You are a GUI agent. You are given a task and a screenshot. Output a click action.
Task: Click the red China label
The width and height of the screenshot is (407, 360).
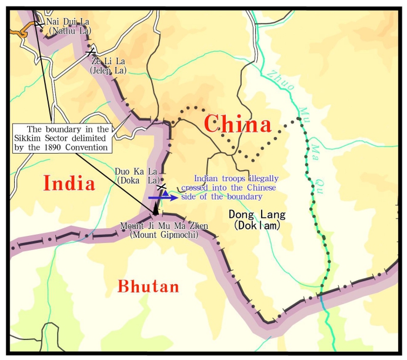[238, 125]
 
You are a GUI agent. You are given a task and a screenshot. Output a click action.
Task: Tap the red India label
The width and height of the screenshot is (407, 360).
[69, 183]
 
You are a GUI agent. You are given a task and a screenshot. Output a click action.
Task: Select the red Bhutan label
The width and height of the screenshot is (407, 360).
[148, 286]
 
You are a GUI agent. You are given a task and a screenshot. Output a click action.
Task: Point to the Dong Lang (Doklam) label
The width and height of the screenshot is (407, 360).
[254, 219]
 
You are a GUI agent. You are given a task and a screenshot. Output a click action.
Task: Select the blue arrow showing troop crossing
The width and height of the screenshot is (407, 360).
[159, 198]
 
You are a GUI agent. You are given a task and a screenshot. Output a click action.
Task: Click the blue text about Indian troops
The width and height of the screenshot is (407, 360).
[236, 187]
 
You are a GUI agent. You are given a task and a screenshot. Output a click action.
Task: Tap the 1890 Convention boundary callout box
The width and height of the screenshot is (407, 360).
[61, 138]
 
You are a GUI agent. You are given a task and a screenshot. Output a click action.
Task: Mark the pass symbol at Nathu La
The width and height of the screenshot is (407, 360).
[39, 24]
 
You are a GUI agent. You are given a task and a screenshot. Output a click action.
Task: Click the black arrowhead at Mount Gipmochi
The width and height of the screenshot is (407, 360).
[155, 209]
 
